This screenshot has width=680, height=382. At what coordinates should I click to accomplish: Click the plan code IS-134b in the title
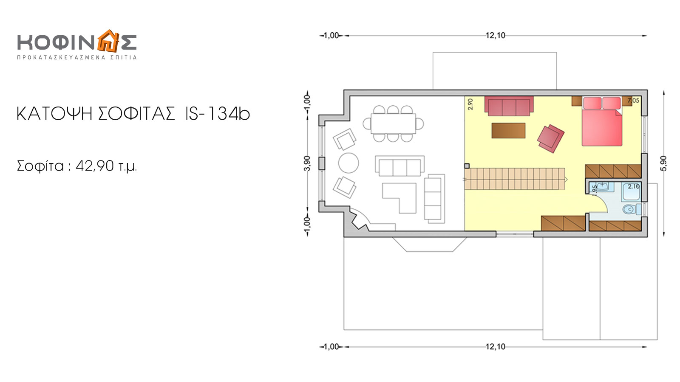[217, 114]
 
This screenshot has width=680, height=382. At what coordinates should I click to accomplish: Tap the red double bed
[602, 121]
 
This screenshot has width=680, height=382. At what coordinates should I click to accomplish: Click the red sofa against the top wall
[509, 106]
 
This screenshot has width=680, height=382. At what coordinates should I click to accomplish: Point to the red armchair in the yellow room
[550, 138]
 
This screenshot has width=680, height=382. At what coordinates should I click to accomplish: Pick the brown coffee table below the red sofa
[508, 130]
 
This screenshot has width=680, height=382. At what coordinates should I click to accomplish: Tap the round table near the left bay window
[348, 163]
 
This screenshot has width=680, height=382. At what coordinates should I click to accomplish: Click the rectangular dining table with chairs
[393, 124]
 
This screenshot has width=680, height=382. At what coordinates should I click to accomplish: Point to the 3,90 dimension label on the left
[307, 163]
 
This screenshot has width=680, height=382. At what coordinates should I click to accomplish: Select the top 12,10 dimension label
[496, 36]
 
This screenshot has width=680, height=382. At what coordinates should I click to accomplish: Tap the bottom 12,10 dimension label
[496, 346]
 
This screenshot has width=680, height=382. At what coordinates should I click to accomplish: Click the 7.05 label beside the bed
[633, 100]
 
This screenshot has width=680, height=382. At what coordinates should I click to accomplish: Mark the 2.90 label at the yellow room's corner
[470, 104]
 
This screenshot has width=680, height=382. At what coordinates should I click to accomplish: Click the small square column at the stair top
[467, 166]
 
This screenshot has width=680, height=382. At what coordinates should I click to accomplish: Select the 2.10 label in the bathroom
[634, 186]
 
